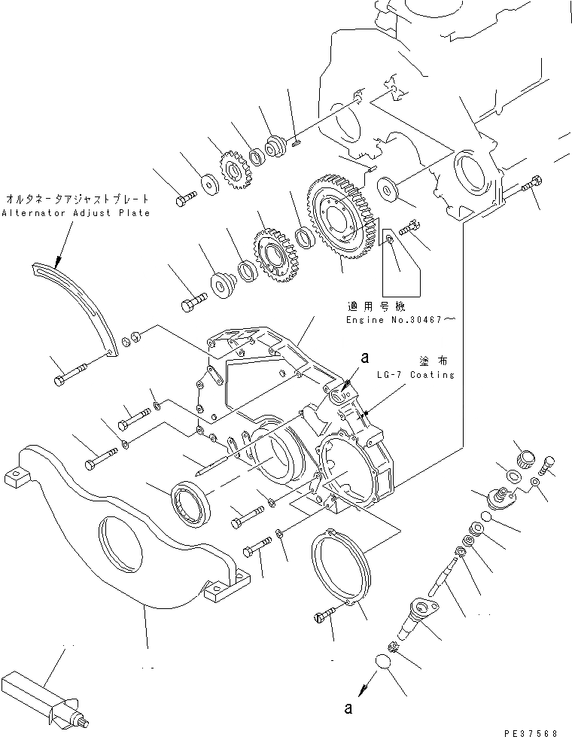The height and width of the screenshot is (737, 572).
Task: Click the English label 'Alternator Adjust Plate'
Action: click(x=75, y=213)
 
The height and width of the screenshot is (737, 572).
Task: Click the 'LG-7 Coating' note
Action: click(x=418, y=375)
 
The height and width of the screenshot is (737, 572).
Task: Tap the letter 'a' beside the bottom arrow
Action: click(x=346, y=708)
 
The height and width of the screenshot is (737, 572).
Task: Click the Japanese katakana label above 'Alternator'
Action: click(x=75, y=200)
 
